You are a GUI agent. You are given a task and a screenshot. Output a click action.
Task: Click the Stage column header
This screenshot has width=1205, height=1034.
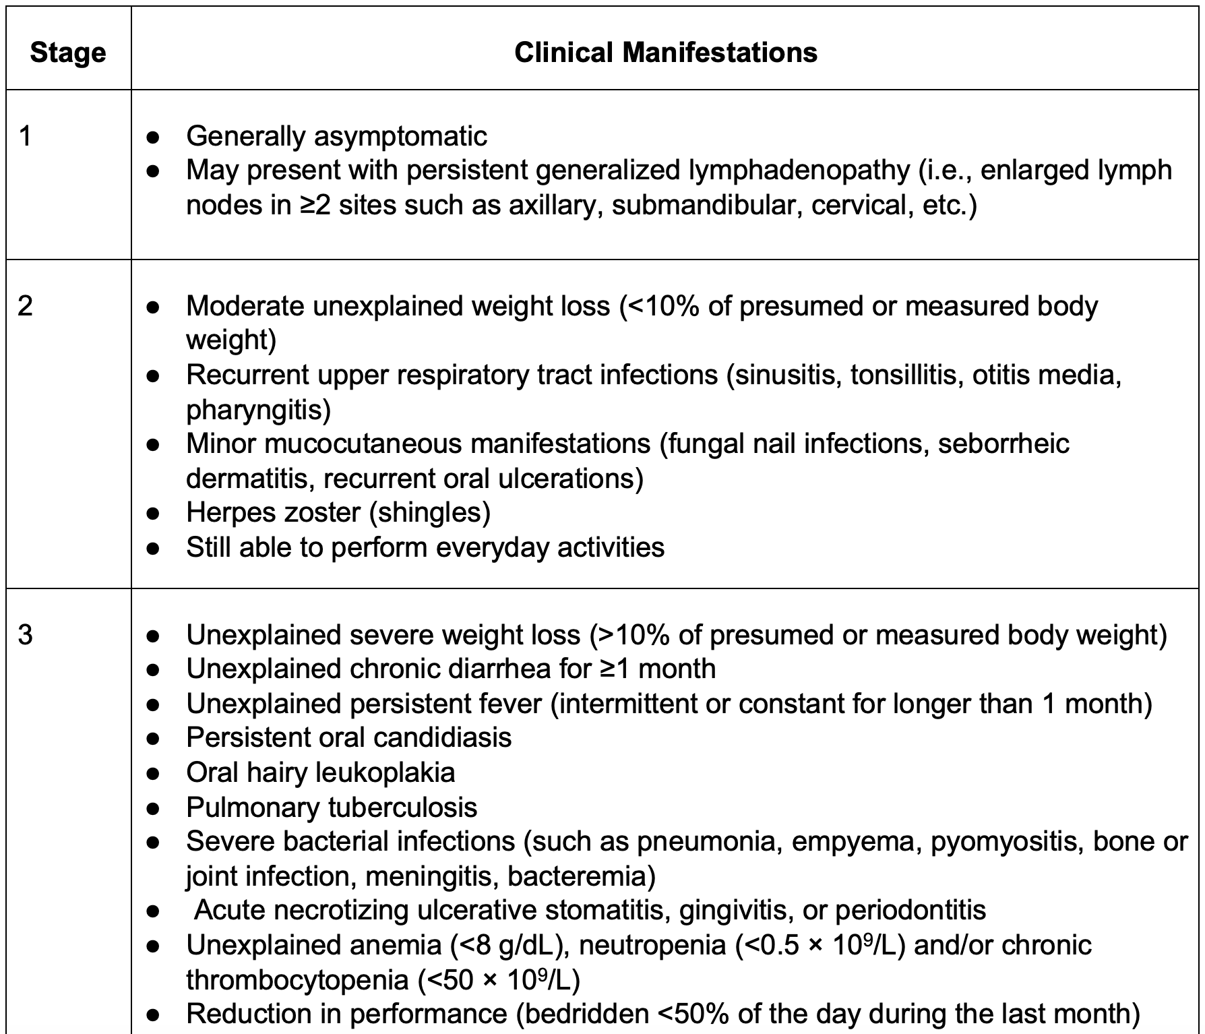pyautogui.click(x=68, y=53)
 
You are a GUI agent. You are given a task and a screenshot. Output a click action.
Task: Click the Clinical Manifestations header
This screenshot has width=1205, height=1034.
pyautogui.click(x=665, y=53)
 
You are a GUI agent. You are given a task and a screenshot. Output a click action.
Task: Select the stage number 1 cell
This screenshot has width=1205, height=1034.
pyautogui.click(x=26, y=137)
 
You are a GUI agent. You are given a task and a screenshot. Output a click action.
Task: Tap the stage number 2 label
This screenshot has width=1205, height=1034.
pyautogui.click(x=26, y=307)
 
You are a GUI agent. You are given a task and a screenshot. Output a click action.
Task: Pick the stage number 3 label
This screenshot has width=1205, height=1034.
pyautogui.click(x=26, y=635)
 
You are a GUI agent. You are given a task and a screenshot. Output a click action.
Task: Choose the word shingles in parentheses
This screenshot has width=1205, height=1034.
pyautogui.click(x=429, y=512)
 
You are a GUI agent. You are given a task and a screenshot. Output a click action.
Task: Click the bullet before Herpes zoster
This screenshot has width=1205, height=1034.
pyautogui.click(x=154, y=514)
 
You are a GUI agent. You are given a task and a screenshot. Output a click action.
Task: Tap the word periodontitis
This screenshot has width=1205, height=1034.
pyautogui.click(x=910, y=911)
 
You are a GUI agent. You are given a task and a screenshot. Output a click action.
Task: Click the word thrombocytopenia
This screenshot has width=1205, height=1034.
pyautogui.click(x=297, y=979)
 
